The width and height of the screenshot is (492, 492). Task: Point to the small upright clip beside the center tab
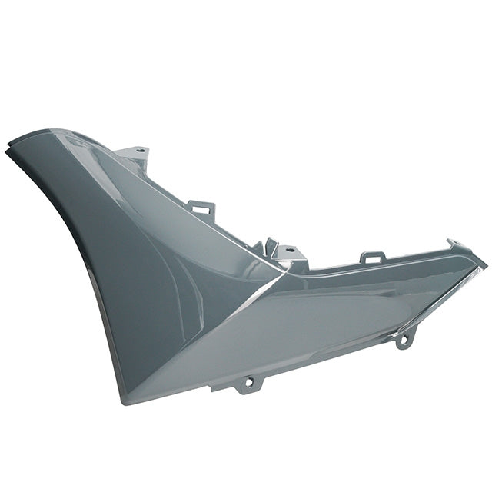click(x=270, y=248)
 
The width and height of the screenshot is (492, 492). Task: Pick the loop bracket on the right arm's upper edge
click(x=373, y=257)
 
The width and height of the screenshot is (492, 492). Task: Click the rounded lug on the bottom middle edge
click(x=249, y=382)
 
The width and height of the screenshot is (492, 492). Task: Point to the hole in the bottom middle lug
click(x=249, y=381)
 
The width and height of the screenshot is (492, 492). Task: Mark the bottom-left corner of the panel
click(x=123, y=400)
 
